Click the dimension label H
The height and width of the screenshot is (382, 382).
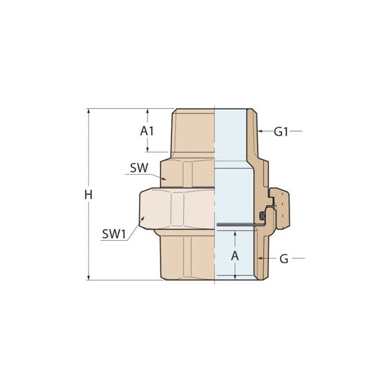(x=88, y=195)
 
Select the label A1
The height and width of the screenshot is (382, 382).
(x=147, y=131)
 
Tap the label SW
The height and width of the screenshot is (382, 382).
(x=139, y=168)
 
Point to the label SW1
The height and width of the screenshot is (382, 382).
(x=114, y=234)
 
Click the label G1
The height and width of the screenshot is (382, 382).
(x=281, y=132)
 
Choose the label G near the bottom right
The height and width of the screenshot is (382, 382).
(x=284, y=259)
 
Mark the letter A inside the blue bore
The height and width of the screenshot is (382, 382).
(x=235, y=256)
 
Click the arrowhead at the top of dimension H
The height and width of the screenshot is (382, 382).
(x=88, y=111)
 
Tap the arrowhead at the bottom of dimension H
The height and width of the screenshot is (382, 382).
(x=88, y=277)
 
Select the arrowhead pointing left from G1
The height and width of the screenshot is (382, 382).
(x=260, y=131)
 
